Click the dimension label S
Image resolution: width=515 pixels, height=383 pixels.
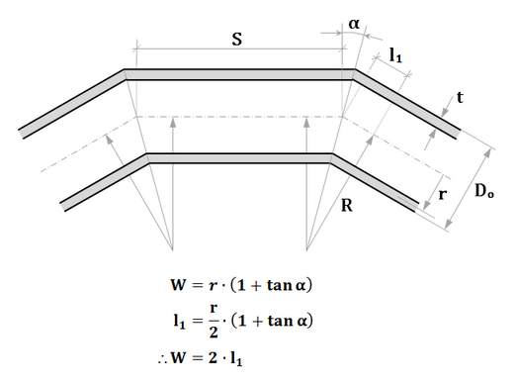(x=237, y=39)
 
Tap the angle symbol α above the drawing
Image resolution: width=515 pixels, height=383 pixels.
(x=354, y=24)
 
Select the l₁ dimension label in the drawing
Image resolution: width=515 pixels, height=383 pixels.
(x=395, y=54)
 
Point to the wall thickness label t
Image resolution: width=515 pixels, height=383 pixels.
(x=460, y=97)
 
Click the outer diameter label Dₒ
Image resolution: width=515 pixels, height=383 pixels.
(x=484, y=191)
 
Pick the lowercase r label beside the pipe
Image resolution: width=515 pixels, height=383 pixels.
(x=443, y=195)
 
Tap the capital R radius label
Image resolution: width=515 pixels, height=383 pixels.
(x=347, y=205)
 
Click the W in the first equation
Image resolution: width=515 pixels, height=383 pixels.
(x=178, y=285)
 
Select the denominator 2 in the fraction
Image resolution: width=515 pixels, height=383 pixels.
(x=214, y=332)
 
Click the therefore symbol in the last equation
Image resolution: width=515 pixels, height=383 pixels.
(x=163, y=360)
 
